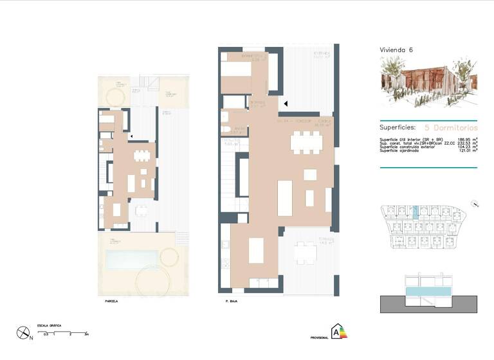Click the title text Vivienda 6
(397, 50)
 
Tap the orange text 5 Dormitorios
(451, 127)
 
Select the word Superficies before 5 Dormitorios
(398, 127)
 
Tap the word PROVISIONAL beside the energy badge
(319, 337)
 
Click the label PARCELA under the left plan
(112, 300)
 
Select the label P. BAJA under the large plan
(232, 300)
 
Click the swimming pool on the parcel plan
(131, 260)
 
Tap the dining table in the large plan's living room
(306, 142)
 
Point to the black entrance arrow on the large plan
(286, 103)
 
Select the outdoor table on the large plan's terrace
(306, 255)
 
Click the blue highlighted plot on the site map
(416, 212)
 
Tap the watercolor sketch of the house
(428, 80)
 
